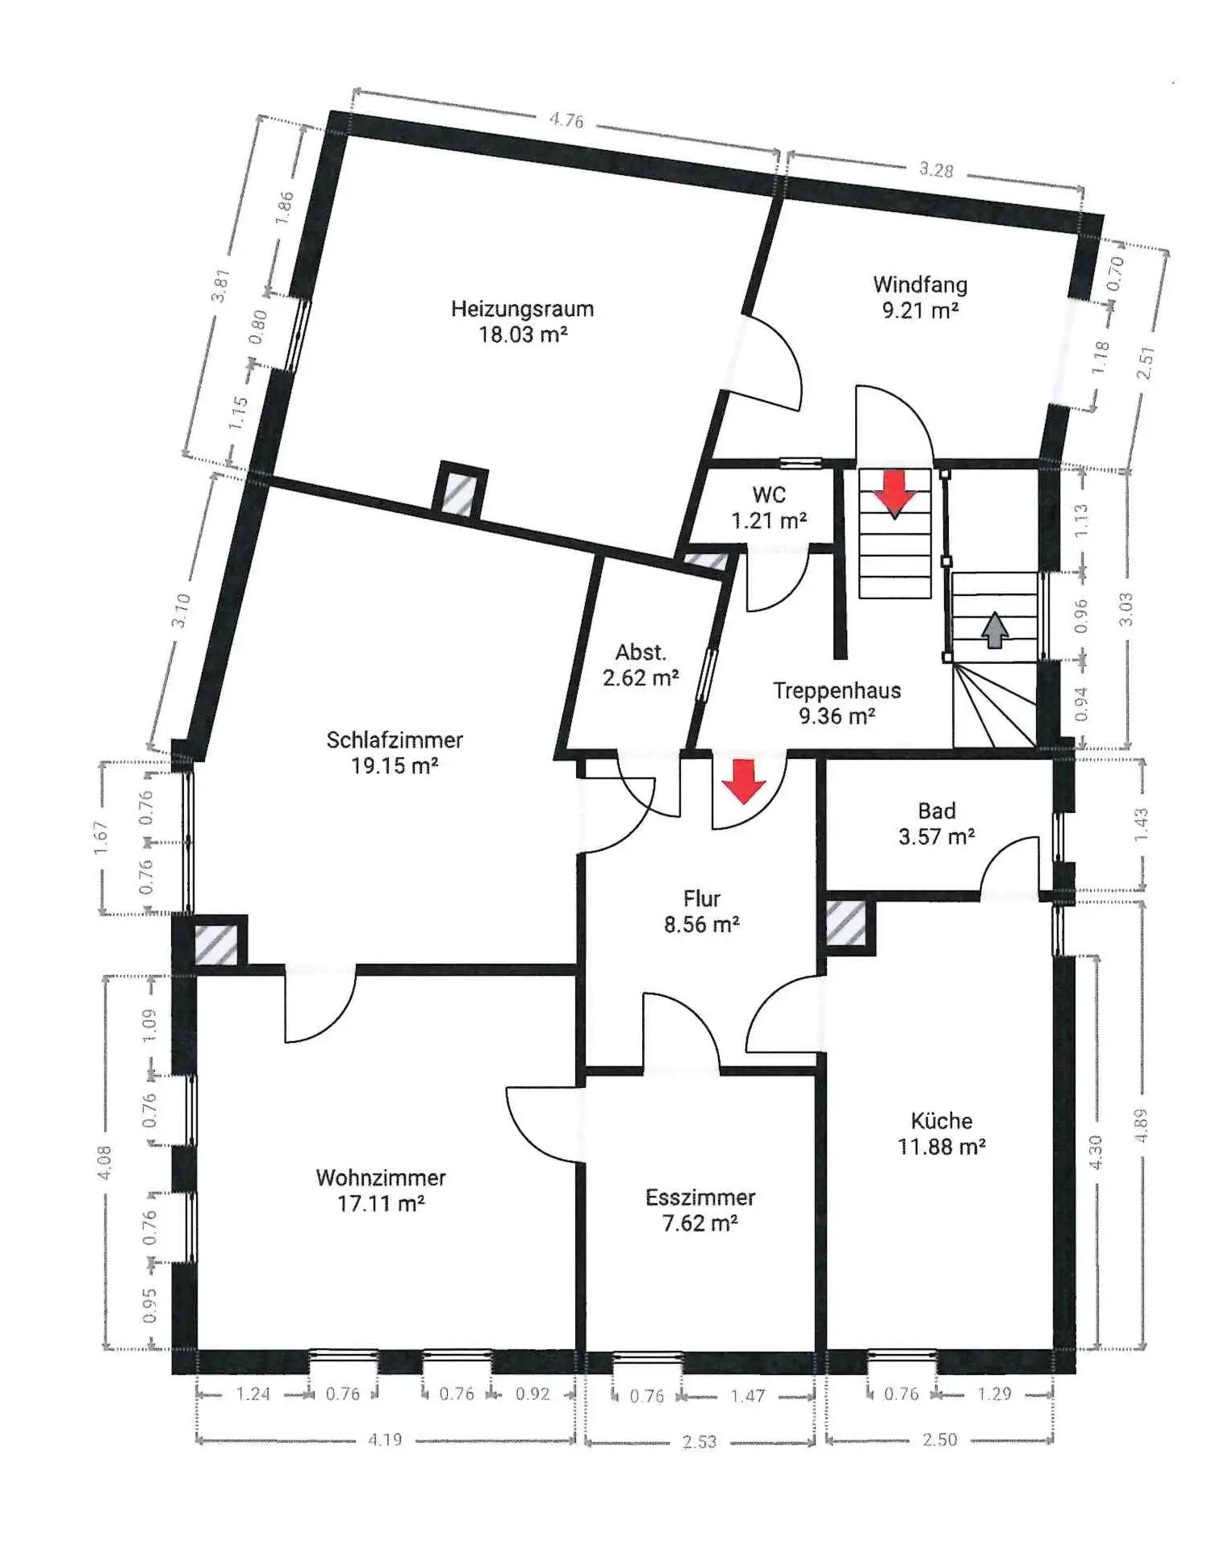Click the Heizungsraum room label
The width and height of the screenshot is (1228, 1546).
[522, 309]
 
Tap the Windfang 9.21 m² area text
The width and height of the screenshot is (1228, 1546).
[920, 310]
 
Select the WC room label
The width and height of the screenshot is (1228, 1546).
[769, 494]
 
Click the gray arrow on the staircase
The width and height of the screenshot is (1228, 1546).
[995, 630]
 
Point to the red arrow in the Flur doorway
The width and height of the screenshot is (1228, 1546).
[743, 781]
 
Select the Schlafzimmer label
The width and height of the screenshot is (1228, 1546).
[395, 740]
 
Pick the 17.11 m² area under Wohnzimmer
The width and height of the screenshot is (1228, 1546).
[381, 1204]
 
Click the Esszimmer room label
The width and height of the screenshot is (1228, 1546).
[700, 1198]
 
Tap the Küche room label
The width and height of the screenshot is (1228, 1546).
[942, 1120]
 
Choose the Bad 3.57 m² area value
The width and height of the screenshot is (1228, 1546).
[937, 836]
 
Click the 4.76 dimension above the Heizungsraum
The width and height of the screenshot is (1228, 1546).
[566, 120]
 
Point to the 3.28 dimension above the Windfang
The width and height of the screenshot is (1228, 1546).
[936, 169]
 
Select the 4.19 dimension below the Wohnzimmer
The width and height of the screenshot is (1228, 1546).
[385, 1440]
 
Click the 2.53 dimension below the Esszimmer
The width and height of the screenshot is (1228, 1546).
[699, 1441]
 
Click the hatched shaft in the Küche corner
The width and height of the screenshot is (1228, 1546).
[846, 924]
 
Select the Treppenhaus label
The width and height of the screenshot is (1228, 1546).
[837, 690]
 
